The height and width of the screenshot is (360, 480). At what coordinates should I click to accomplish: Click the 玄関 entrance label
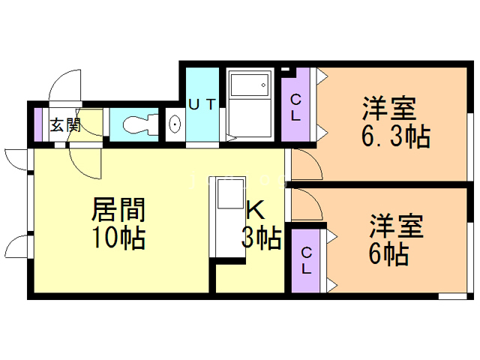65,124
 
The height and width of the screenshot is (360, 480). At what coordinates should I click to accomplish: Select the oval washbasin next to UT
174,125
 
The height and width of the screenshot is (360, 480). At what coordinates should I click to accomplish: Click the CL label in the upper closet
296,106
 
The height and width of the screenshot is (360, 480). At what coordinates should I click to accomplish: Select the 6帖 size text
388,254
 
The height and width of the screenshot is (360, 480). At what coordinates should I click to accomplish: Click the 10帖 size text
118,238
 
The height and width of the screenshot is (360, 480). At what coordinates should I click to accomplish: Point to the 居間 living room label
118,208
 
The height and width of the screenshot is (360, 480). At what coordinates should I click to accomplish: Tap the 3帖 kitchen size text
261,238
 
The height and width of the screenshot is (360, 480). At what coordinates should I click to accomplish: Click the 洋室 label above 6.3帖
388,108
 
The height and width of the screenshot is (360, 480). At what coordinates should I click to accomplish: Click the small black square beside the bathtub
286,71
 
